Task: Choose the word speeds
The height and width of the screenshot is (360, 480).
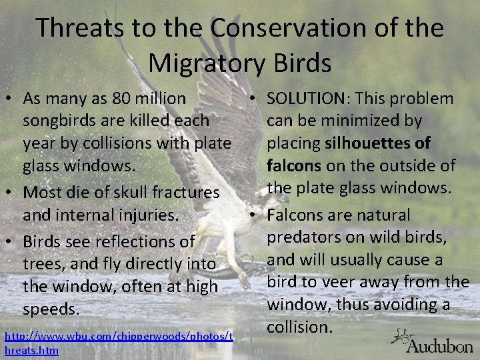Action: [x=51, y=309]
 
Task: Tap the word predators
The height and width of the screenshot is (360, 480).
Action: [x=309, y=238]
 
